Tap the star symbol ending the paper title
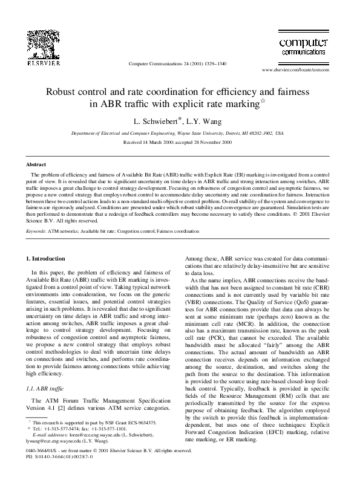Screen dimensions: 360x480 [264, 100]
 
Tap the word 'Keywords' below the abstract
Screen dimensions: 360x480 [39, 230]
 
